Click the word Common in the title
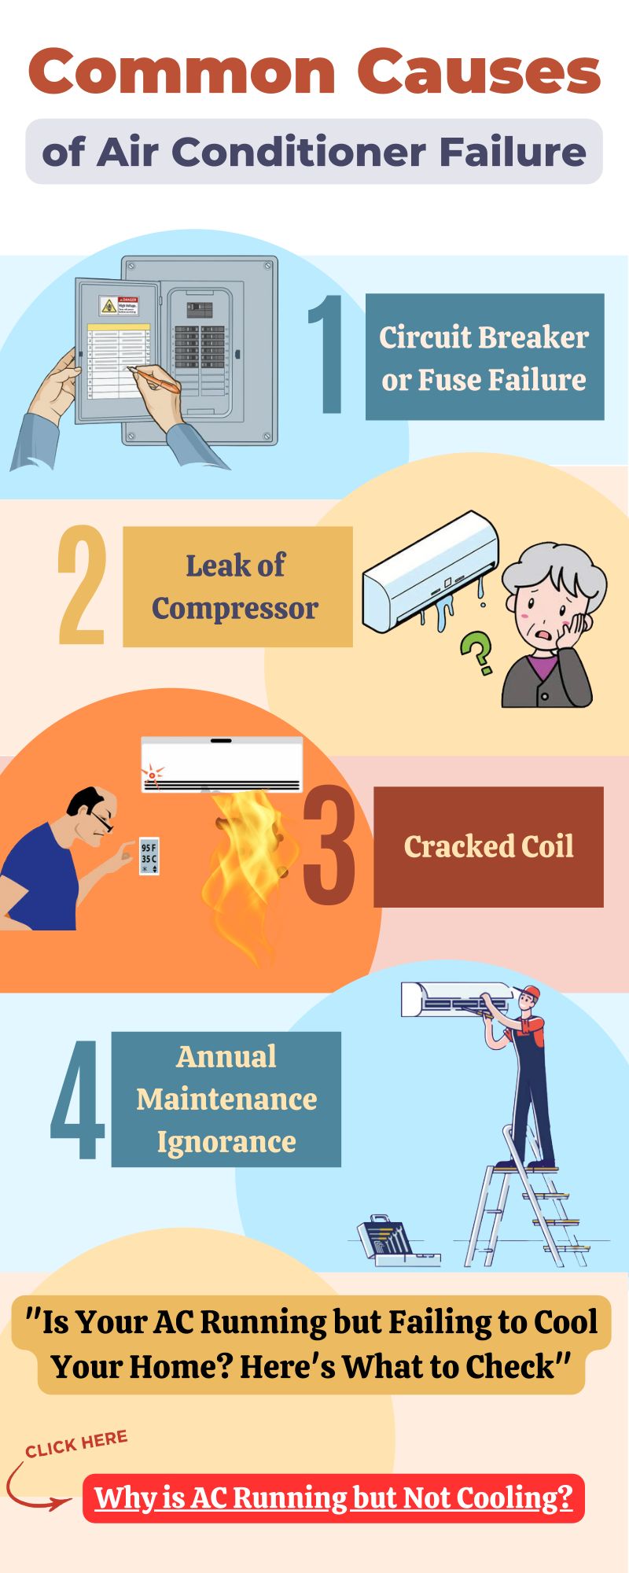point(182,72)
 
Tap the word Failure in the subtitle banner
point(513,151)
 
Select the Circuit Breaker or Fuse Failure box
point(484,357)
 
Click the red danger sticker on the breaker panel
point(117,306)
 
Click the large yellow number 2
point(82,585)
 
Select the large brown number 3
point(329,845)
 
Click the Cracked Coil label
point(488,847)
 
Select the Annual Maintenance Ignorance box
point(226,1099)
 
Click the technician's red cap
point(531,992)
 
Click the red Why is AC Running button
point(333,1498)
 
